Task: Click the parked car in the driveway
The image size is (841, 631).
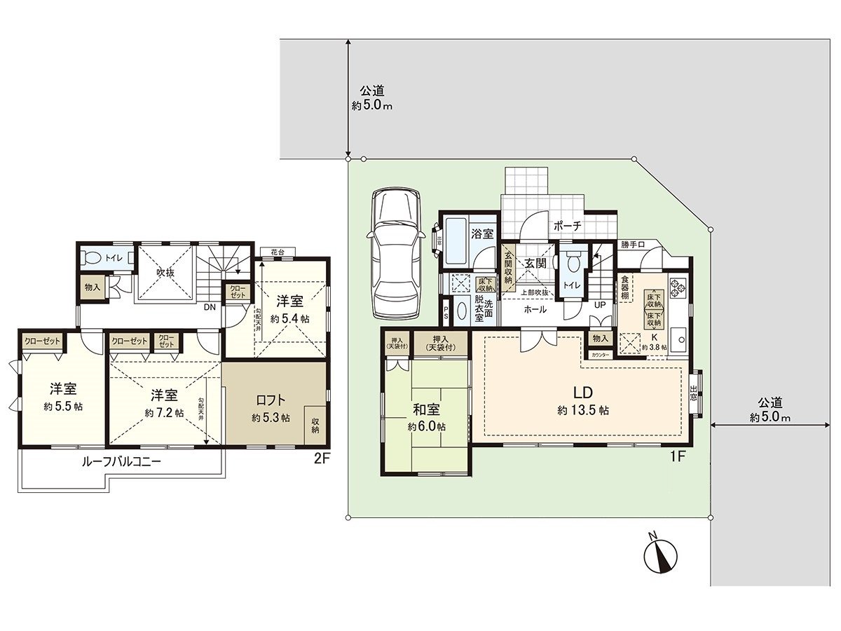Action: click(x=396, y=252)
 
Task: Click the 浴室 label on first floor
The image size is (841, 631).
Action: click(x=482, y=233)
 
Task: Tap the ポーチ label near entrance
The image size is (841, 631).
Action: click(x=566, y=226)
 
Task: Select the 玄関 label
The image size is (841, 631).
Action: click(x=536, y=263)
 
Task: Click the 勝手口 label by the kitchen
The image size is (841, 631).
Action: click(x=633, y=245)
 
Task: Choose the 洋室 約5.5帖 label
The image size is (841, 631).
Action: click(x=62, y=397)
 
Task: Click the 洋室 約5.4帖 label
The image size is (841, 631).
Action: click(x=289, y=309)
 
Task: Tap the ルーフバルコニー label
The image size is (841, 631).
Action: click(x=121, y=462)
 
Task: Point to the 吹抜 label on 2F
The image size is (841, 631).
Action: click(x=165, y=272)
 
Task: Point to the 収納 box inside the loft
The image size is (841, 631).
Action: click(x=315, y=425)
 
